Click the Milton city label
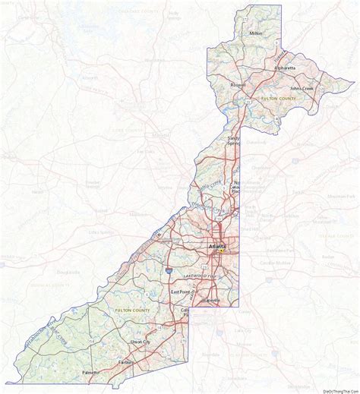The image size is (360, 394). (255, 33)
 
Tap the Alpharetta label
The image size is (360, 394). (284, 68)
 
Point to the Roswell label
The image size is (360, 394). (240, 85)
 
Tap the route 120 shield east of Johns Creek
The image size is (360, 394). (321, 92)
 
